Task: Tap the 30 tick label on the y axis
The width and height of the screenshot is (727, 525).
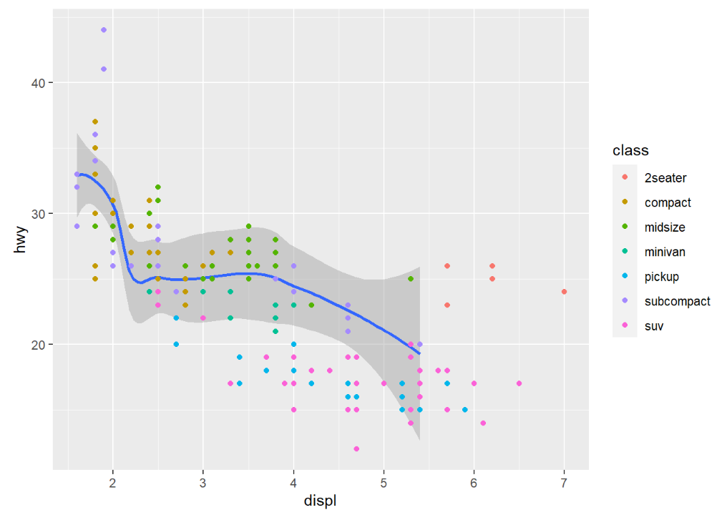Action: click(37, 214)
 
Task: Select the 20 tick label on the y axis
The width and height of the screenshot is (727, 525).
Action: click(37, 345)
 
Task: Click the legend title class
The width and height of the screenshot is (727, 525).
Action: click(630, 151)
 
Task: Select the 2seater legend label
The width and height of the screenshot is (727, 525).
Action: click(665, 178)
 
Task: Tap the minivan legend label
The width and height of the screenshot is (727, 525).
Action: click(665, 252)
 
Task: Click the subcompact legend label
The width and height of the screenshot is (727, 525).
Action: click(677, 301)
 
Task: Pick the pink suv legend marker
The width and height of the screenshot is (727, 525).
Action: click(625, 326)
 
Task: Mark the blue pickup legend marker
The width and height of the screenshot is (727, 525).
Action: click(625, 277)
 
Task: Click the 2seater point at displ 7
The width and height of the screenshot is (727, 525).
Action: click(565, 292)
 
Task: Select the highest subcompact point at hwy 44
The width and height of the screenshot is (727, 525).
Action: click(104, 30)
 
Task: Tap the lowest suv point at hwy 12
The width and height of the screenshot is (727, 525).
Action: click(356, 449)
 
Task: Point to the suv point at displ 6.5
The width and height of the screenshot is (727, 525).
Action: click(519, 383)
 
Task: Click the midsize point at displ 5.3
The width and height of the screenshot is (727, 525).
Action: click(411, 278)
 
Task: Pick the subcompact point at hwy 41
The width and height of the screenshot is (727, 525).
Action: click(104, 69)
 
